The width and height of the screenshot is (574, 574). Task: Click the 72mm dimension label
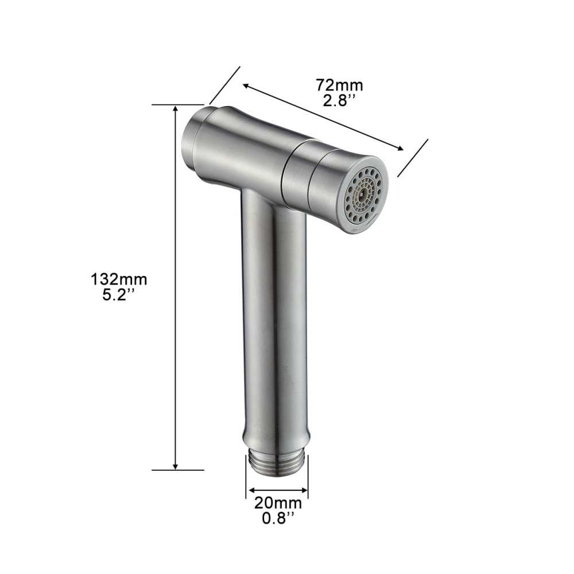point(340,85)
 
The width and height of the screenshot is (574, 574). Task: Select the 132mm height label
point(119,280)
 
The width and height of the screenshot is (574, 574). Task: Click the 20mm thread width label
point(278,503)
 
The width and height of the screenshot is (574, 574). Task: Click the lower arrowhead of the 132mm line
point(176,466)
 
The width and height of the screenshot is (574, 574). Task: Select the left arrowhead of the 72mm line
point(246,87)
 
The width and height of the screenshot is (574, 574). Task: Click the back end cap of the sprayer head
point(192,144)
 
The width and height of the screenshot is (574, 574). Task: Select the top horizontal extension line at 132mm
point(178,105)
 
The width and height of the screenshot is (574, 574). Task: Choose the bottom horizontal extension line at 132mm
point(178,470)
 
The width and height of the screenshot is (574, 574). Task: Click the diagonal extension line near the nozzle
point(413,158)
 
